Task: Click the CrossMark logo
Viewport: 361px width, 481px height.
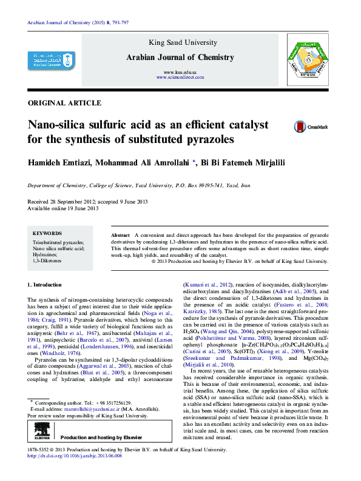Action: pyautogui.click(x=311, y=127)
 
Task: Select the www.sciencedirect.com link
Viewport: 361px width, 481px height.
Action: pyautogui.click(x=180, y=78)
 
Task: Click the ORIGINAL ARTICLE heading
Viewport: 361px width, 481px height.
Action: pyautogui.click(x=64, y=103)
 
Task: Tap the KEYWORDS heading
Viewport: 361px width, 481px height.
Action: pyautogui.click(x=47, y=233)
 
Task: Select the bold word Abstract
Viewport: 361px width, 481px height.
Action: pyautogui.click(x=120, y=234)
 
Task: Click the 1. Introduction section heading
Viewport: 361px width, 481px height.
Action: pyautogui.click(x=45, y=285)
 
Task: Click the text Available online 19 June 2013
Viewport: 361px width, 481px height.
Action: pyautogui.click(x=62, y=208)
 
